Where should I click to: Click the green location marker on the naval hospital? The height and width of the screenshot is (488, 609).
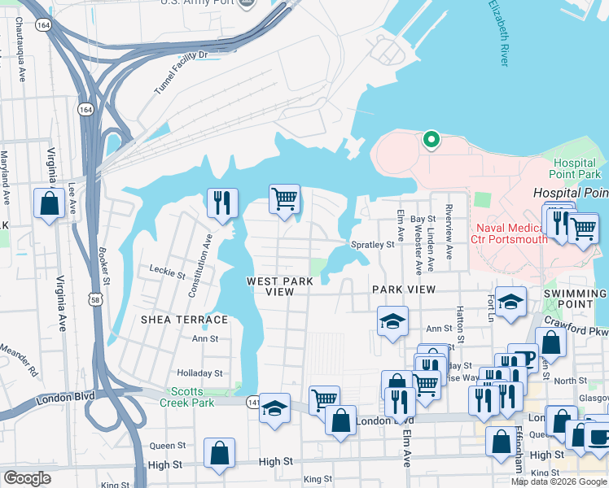coord(431,141)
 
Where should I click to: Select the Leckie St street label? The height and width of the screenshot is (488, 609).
coord(168,269)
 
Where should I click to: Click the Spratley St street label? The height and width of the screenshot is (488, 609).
coord(372,244)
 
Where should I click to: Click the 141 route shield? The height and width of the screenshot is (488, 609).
coord(255,401)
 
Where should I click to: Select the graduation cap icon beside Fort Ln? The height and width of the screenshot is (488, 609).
coord(510,303)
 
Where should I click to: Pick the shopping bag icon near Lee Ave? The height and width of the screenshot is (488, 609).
coord(49,204)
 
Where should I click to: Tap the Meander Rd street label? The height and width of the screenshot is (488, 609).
coord(18,358)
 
